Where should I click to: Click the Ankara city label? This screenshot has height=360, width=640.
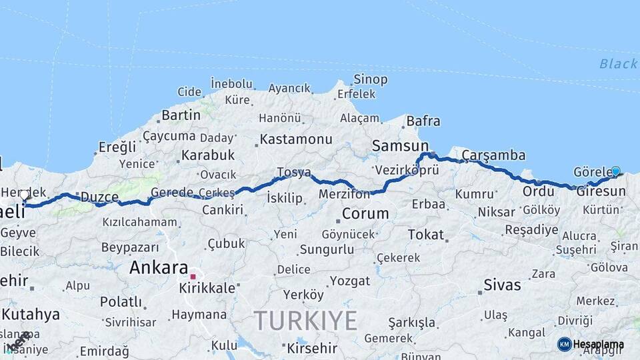pos(159,268)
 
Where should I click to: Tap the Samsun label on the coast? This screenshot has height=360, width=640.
pos(400,145)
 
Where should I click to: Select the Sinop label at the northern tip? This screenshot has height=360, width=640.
pos(370,79)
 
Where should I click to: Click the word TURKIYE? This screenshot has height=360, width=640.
pos(305,321)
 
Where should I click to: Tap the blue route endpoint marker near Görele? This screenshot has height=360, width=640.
pos(615,171)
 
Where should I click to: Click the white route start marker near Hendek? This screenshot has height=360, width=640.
pos(25,195)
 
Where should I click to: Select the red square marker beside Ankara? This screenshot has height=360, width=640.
pos(193,276)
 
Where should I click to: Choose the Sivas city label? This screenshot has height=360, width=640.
pos(503,285)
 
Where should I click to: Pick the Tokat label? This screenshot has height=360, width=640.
pos(425,235)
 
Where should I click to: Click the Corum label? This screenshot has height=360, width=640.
pos(365,214)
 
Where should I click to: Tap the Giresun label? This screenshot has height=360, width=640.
pos(601,191)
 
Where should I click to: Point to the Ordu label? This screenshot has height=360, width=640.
pos(538,191)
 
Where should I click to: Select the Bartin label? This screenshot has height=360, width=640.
pos(181,115)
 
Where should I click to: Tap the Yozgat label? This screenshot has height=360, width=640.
pos(349,281)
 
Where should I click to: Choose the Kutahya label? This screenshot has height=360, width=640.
pos(31,314)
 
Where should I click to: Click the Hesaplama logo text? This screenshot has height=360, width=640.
pos(598,345)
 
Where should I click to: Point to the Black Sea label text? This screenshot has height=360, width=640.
pos(618,64)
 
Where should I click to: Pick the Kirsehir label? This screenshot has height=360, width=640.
pos(313,348)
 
